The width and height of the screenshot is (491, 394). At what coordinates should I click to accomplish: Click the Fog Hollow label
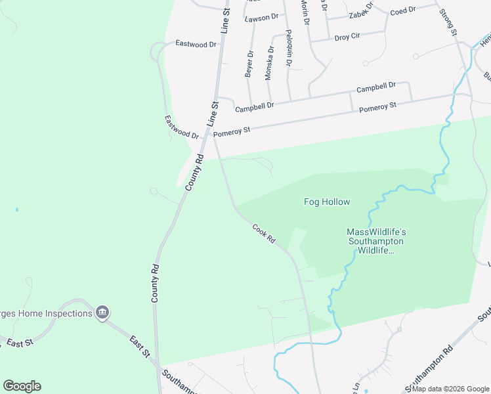click(x=326, y=202)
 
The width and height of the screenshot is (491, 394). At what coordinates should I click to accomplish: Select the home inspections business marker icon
click(x=102, y=313)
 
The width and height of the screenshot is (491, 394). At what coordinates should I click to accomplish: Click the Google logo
click(x=22, y=386)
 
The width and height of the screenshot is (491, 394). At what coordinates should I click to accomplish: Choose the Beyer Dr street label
click(x=249, y=64)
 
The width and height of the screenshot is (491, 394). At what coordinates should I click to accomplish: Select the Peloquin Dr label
click(x=288, y=48)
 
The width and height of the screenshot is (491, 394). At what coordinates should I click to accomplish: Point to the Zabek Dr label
click(x=361, y=13)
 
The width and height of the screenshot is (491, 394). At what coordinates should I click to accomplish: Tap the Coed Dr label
click(x=403, y=11)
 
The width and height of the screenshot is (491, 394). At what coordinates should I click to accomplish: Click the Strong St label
click(x=448, y=22)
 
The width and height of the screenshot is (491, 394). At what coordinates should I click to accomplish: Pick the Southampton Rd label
click(x=429, y=366)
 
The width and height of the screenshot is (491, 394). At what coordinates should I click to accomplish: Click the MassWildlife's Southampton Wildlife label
click(x=376, y=241)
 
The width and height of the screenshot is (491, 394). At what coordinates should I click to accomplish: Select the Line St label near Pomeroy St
click(x=212, y=114)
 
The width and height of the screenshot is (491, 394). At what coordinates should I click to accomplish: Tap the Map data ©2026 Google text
click(x=450, y=389)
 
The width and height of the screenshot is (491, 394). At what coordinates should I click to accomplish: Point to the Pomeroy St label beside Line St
click(x=232, y=131)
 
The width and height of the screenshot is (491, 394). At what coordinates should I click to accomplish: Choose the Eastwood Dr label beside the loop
click(x=196, y=44)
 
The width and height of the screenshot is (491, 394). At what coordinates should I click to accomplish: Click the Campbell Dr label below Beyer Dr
click(x=254, y=106)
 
